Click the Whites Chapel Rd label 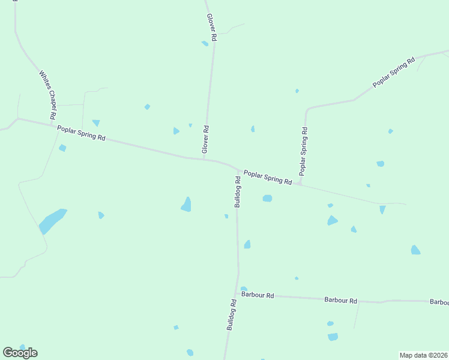(48, 94)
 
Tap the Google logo (20, 353)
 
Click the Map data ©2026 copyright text (423, 355)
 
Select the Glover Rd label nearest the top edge (211, 27)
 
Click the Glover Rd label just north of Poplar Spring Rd (205, 139)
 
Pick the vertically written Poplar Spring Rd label (304, 151)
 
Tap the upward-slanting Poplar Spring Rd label (394, 73)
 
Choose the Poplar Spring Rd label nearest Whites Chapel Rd (81, 133)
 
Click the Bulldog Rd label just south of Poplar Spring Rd (238, 191)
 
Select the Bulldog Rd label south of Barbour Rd (231, 314)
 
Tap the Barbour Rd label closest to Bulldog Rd (258, 295)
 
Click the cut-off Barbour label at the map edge (439, 302)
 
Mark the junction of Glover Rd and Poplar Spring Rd (204, 159)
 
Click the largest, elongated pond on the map (52, 221)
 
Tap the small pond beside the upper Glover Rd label (205, 43)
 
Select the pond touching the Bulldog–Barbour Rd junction (243, 289)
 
